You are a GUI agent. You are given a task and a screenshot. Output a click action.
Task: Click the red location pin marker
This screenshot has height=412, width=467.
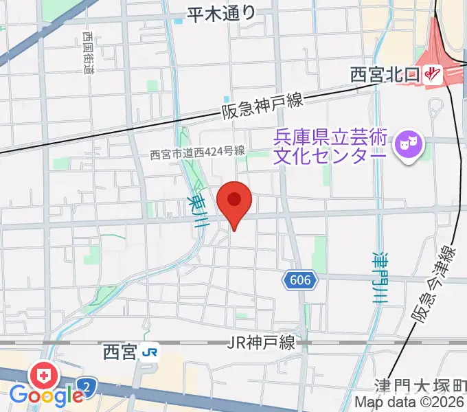click(x=234, y=201)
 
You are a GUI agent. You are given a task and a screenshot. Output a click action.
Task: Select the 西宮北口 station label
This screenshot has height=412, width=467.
click(x=386, y=74)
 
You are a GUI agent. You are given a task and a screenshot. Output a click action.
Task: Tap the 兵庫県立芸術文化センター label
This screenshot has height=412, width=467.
click(x=330, y=146)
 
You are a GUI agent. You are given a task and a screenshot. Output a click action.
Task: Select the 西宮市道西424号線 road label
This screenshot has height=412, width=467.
click(x=198, y=155)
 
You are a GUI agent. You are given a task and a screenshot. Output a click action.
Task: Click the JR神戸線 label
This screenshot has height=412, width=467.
click(x=262, y=343)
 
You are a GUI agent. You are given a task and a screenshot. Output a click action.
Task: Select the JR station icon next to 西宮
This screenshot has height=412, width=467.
click(x=150, y=353)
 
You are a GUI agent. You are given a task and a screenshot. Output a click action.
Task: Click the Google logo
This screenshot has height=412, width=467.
click(x=46, y=396)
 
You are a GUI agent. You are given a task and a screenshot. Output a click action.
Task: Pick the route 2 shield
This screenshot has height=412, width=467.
click(x=86, y=386)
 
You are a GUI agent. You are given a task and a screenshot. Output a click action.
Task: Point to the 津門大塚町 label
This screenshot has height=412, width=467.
click(x=421, y=385)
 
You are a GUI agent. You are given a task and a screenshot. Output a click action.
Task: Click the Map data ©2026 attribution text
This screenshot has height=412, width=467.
click(x=410, y=403)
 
